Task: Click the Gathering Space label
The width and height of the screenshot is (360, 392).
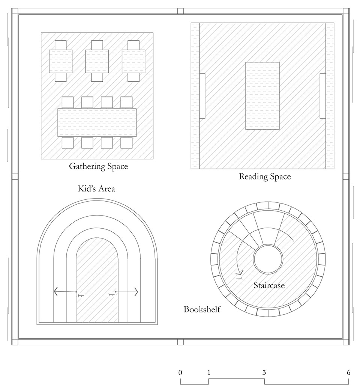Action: pos(98,166)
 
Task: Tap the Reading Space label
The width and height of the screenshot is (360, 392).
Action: pos(265,176)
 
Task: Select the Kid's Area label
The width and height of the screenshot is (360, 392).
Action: pos(96,188)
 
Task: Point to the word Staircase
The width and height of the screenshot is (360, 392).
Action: pos(269,285)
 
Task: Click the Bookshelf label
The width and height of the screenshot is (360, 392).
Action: pos(202,309)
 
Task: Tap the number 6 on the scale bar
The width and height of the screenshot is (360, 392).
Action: pos(348,372)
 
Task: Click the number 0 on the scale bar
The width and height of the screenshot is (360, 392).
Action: pos(180,372)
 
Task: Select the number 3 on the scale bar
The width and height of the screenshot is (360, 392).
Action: pos(264,372)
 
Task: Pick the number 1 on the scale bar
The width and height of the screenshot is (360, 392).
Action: pos(208,372)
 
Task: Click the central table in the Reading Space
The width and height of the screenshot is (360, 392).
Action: pos(262,96)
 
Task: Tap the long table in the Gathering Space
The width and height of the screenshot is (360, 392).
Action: pos(97,122)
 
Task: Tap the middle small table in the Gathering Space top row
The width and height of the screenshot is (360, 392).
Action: pos(97,61)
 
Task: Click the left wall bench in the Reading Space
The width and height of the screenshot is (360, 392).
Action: pos(202,96)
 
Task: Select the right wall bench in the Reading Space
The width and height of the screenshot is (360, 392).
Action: pos(322,96)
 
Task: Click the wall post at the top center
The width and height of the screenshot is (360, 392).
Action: pos(180,11)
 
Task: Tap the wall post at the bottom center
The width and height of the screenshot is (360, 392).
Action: pos(180,342)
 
